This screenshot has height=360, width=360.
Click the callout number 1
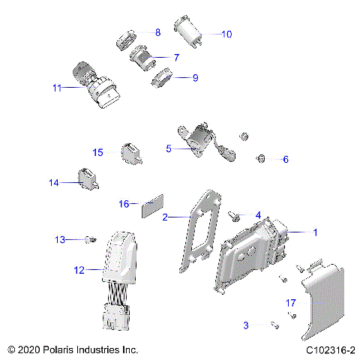pos(315,232)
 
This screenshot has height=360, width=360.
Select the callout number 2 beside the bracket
pos(165,217)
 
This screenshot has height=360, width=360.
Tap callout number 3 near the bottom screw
pos(245,325)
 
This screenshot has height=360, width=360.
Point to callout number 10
pos(226,34)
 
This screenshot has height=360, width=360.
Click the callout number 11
pos(56,88)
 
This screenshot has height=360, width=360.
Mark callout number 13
pos(61,239)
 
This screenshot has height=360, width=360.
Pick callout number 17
pos(292,302)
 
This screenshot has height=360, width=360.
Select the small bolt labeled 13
pos(89,239)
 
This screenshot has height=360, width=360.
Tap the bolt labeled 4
pos(235,217)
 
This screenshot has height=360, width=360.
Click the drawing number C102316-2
pos(331,350)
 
